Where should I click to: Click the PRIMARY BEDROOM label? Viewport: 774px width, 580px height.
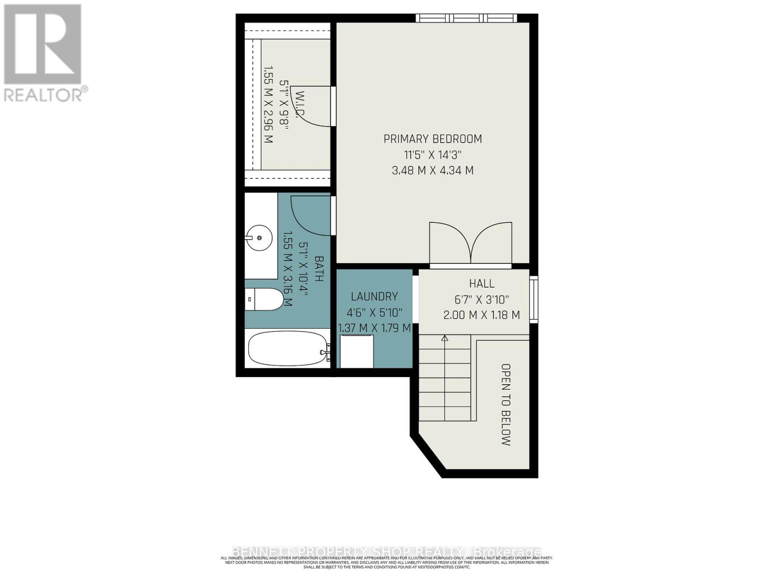point(432,139)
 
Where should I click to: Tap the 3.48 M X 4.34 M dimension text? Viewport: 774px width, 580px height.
point(432,171)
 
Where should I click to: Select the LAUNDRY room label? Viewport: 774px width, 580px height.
point(374,297)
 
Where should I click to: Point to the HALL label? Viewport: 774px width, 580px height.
point(481,284)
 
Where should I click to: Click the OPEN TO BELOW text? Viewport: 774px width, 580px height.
point(506,405)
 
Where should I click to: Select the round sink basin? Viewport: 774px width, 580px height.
point(259,238)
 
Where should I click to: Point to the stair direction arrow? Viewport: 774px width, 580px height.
point(445,338)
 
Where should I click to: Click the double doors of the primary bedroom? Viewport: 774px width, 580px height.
point(471,243)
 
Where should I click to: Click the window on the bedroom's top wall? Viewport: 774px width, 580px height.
point(466,18)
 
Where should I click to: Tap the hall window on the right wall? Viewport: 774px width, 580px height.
point(534,299)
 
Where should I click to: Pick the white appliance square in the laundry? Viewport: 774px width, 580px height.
point(357,351)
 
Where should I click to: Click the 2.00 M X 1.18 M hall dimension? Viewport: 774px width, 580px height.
point(481,315)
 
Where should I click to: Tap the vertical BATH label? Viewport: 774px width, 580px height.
point(319,269)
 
